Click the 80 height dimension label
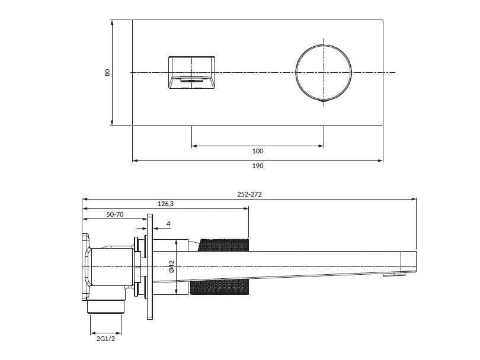(107, 72)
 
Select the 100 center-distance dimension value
(258, 152)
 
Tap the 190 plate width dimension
(258, 166)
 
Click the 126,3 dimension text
(165, 203)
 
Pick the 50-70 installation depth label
(115, 214)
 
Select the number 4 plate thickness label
(169, 224)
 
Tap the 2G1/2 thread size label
(105, 340)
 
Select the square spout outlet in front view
(191, 73)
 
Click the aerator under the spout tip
(393, 275)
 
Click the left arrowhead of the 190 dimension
(135, 160)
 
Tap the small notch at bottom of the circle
(324, 101)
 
